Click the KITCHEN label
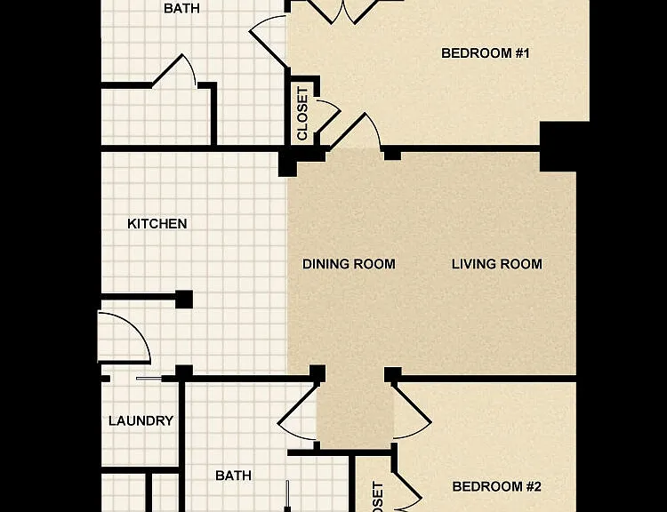pyautogui.click(x=157, y=224)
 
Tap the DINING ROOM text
pyautogui.click(x=349, y=264)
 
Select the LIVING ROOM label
pyautogui.click(x=497, y=264)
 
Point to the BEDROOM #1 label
pyautogui.click(x=486, y=53)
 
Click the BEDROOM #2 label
pyautogui.click(x=496, y=486)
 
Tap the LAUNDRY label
pyautogui.click(x=141, y=421)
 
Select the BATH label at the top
pyautogui.click(x=181, y=9)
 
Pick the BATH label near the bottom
pyautogui.click(x=233, y=476)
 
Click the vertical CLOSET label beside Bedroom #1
pyautogui.click(x=302, y=114)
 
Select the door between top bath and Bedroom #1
pyautogui.click(x=267, y=40)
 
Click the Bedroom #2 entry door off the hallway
pyautogui.click(x=411, y=411)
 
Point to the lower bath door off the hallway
pyautogui.click(x=298, y=411)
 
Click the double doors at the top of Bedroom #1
pyautogui.click(x=342, y=12)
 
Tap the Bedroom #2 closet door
pyautogui.click(x=407, y=489)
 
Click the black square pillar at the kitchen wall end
pyautogui.click(x=184, y=300)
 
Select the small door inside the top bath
pyautogui.click(x=174, y=70)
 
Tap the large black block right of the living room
pyautogui.click(x=559, y=147)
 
